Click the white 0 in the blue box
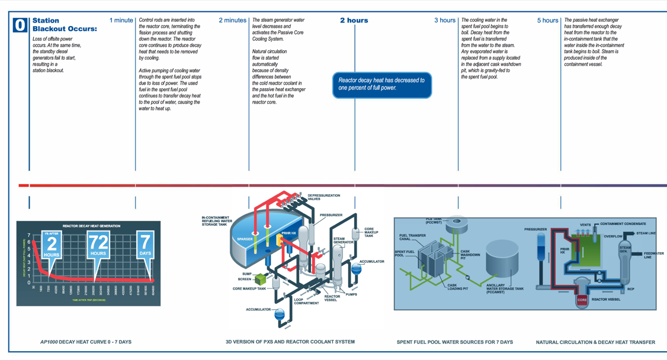(20, 25)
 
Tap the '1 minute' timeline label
(121, 20)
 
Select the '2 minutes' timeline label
(232, 20)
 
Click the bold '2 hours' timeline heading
(354, 20)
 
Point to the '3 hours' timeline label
(444, 20)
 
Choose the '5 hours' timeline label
(547, 20)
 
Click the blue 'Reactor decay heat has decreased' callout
(382, 84)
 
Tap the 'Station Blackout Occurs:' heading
(65, 24)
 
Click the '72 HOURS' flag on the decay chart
(98, 245)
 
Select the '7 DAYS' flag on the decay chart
(145, 245)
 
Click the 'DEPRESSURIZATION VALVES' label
(324, 197)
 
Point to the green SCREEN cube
(261, 278)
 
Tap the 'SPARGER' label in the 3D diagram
(245, 240)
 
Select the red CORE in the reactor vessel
(582, 300)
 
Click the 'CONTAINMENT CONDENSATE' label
(623, 224)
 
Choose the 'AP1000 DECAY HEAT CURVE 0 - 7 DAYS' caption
(86, 342)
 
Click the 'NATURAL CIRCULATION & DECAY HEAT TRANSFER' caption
(595, 342)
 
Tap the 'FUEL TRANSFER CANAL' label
(412, 237)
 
